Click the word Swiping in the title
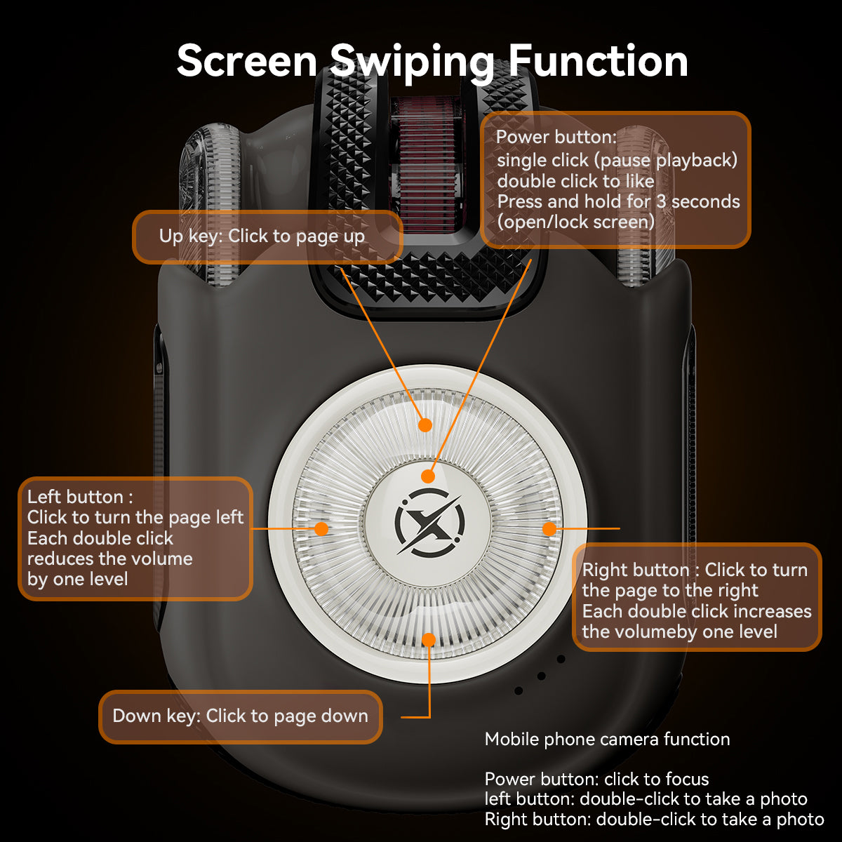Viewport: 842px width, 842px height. tap(412, 61)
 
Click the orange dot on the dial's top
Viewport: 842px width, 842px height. tap(425, 425)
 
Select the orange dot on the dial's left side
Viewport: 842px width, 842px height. tap(321, 528)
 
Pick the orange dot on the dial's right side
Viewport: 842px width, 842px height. tap(549, 528)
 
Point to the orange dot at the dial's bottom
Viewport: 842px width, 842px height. tap(429, 639)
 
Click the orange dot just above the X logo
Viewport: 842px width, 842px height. tap(428, 476)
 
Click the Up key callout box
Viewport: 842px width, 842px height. tap(267, 236)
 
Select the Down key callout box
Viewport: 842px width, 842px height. tap(240, 716)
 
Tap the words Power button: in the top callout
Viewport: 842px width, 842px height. tap(556, 137)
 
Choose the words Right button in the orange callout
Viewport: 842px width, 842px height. tap(636, 570)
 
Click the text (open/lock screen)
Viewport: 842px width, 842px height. tap(575, 222)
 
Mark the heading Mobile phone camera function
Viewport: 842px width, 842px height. tap(607, 740)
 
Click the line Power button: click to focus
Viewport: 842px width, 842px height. tap(596, 780)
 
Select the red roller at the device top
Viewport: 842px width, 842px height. tap(424, 161)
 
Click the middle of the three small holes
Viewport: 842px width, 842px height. tap(541, 676)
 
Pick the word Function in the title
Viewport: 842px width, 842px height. tap(598, 61)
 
